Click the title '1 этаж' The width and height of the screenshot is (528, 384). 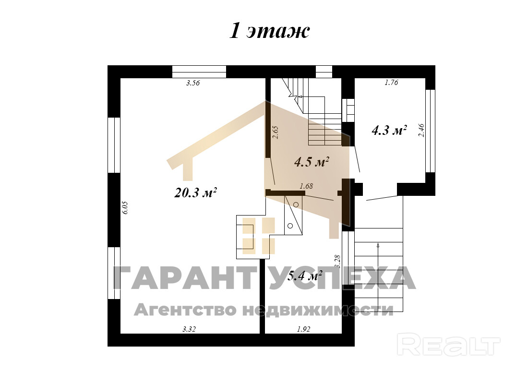tap(269, 31)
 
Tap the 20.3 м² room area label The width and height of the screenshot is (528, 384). tap(196, 192)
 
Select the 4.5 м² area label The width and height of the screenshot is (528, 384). tap(312, 162)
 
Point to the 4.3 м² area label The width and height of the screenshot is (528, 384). tap(389, 130)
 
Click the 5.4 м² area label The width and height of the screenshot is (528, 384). tap(305, 276)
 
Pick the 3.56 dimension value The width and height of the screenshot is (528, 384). tap(193, 83)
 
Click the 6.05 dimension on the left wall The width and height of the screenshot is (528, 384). tap(125, 207)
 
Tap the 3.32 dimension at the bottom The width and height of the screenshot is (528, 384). tap(189, 329)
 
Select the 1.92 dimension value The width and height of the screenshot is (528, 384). tap(303, 329)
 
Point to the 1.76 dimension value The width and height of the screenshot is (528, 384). tap(391, 82)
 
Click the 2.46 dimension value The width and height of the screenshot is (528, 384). tap(421, 131)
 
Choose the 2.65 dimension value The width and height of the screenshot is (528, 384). tap(276, 132)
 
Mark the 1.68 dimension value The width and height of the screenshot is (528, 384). tap(306, 186)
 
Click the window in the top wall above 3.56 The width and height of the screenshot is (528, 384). tap(199, 72)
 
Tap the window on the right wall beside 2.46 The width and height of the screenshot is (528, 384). tap(430, 131)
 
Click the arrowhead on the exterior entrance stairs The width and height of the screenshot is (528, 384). tap(378, 245)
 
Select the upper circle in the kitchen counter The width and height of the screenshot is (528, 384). tap(296, 204)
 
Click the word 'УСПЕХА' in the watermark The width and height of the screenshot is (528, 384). tap(342, 277)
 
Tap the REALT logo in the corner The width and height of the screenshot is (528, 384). tap(448, 344)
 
